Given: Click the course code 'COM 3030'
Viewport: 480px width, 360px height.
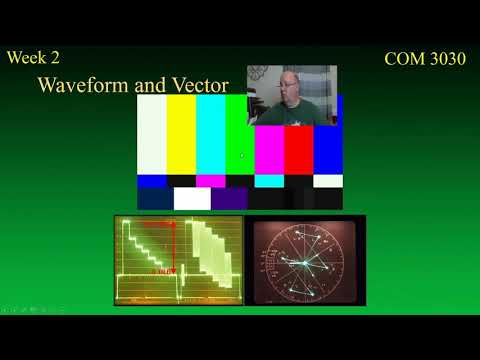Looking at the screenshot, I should pos(425,59).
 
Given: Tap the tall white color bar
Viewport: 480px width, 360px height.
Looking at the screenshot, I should pos(152,135).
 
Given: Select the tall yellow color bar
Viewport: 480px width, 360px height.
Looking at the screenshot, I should pos(181,135).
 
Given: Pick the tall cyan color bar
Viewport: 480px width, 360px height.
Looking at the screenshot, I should pos(210,135).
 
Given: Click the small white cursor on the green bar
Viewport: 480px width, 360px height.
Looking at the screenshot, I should pos(243,155).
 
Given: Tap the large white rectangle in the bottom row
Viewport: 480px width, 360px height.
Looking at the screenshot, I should pos(192,199).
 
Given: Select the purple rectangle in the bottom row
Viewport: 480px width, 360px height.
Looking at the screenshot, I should pos(229,199).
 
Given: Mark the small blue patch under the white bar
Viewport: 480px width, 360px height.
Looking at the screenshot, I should pos(152,181).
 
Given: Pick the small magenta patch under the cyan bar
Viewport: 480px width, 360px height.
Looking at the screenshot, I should pos(210,181).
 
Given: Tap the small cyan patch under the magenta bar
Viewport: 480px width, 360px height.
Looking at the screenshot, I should pos(269,181).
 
